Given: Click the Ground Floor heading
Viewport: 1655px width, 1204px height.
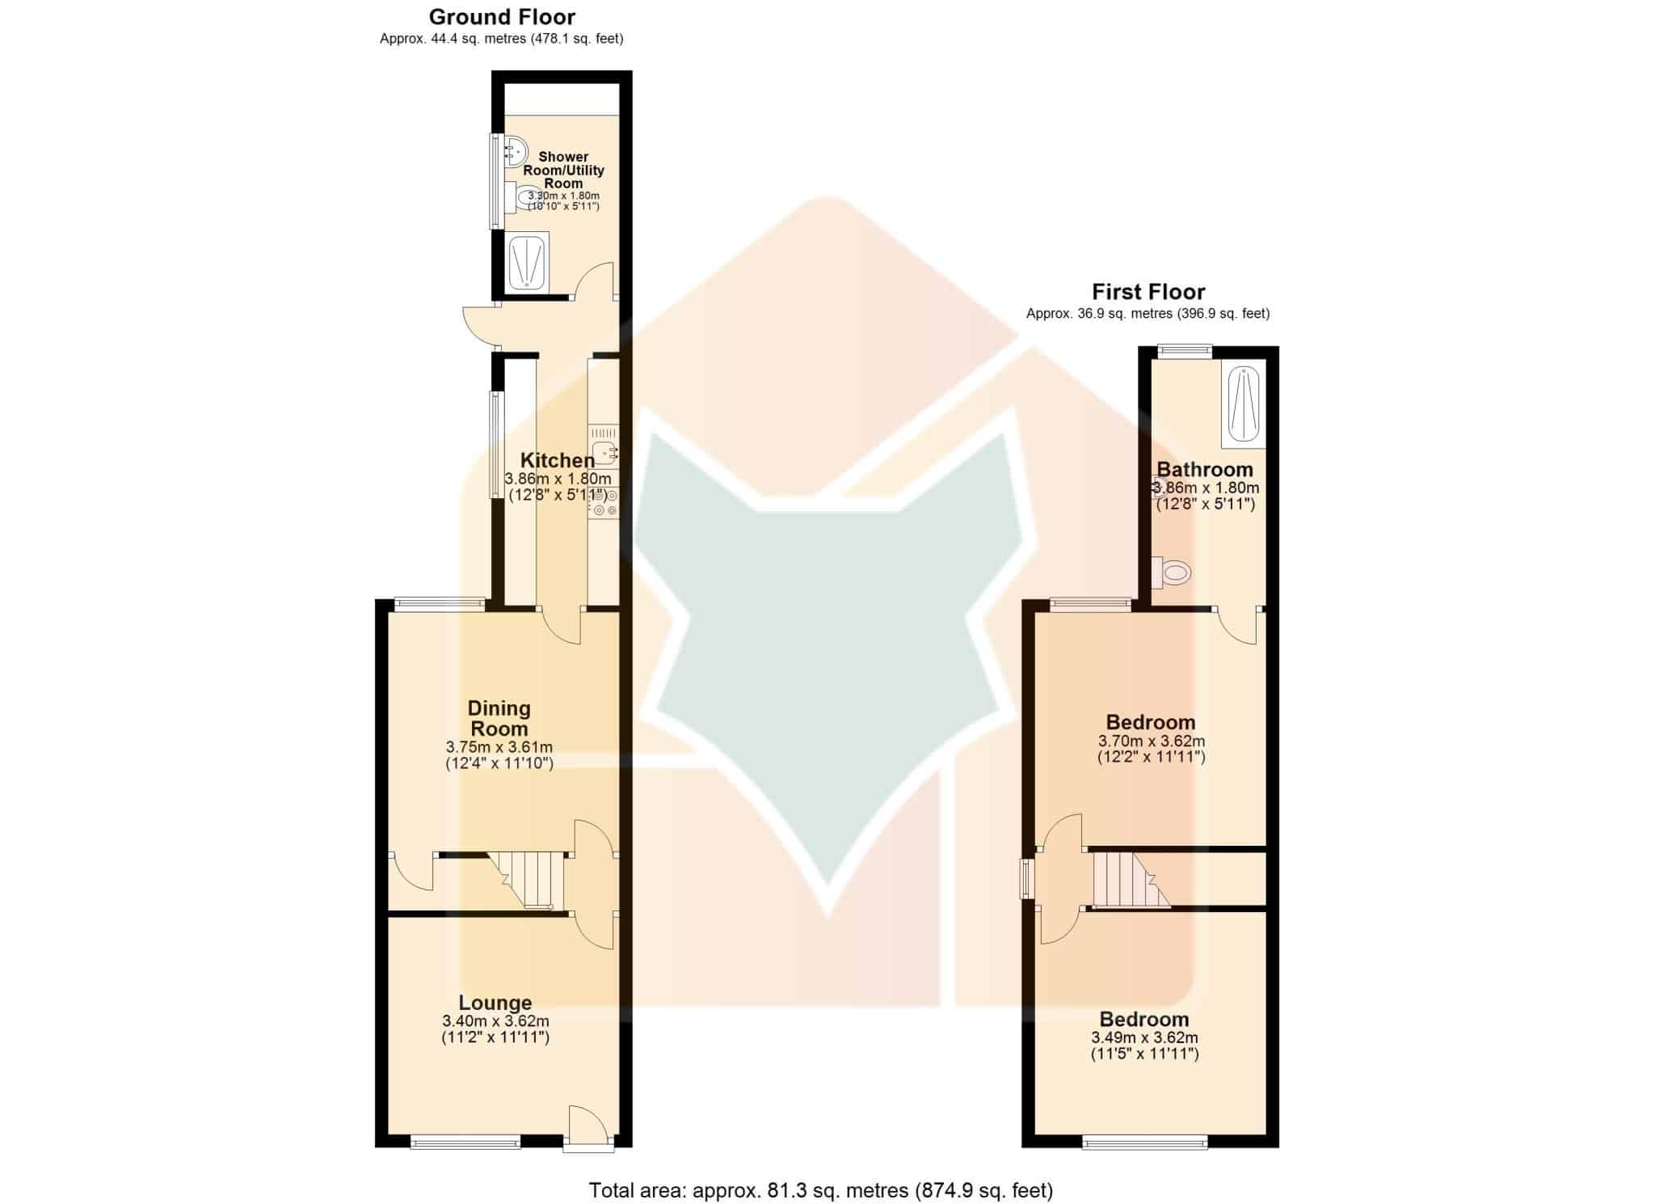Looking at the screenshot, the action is [x=502, y=17].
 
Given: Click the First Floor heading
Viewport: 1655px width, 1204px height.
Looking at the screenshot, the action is [x=1148, y=292].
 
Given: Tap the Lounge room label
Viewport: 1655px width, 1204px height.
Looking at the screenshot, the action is [x=495, y=1003].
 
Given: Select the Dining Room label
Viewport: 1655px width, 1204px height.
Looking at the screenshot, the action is [x=499, y=718].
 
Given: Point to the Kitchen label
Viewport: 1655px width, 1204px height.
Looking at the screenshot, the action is [x=558, y=461].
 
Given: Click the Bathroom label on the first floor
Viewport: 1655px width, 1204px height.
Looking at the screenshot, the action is [x=1205, y=470].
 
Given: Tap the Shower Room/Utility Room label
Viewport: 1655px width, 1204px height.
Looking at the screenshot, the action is [x=563, y=170].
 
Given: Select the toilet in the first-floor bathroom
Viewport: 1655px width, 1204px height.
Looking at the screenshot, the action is [x=1171, y=573].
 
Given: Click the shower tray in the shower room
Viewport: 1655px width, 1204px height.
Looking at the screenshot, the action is [x=528, y=261].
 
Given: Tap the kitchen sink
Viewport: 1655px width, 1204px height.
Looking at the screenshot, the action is [x=604, y=452].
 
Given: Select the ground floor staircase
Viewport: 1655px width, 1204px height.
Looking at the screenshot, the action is [x=525, y=880].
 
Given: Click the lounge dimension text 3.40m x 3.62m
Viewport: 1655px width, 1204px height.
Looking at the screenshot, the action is [x=495, y=1021].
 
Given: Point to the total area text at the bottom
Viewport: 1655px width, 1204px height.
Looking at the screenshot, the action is [x=821, y=1190].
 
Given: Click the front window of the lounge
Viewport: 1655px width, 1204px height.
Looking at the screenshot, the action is [x=465, y=1142].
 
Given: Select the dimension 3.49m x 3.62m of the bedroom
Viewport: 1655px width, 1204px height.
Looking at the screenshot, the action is [x=1144, y=1037].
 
